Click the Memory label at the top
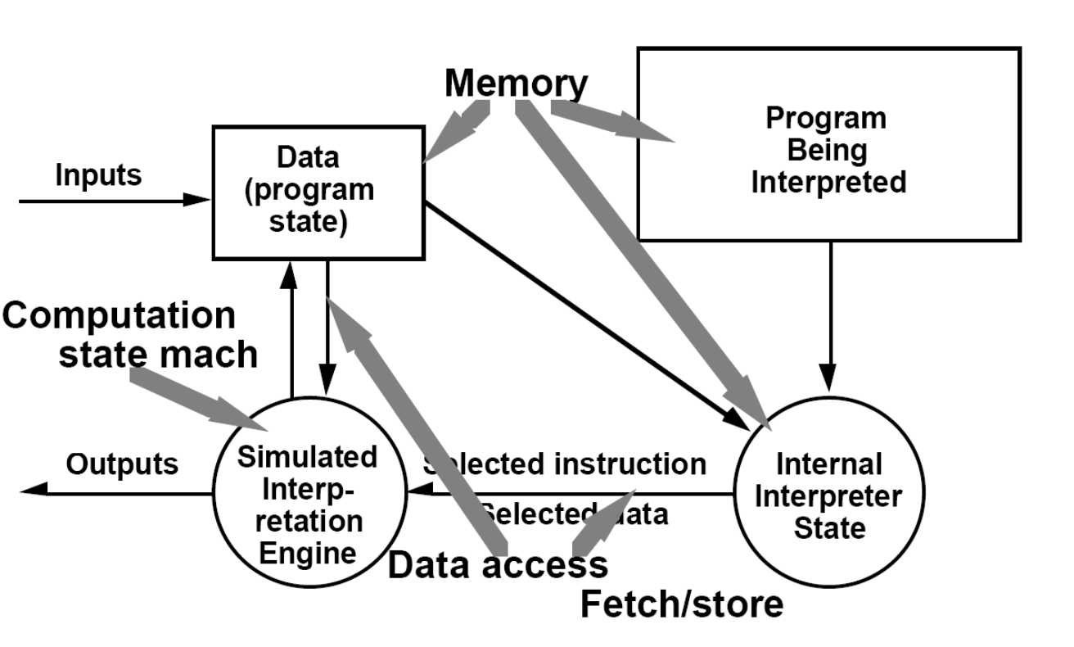point(516,84)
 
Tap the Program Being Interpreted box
point(828,144)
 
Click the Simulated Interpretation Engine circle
point(308,493)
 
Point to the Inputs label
point(98,175)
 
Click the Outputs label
point(122,464)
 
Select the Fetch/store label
point(681,604)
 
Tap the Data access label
point(497,565)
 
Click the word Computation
point(120,316)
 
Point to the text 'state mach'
point(158,355)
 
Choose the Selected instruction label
point(564,464)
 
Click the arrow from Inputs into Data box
point(115,200)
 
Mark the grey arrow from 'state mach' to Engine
point(196,397)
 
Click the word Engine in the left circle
point(308,553)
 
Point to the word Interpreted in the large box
point(828,182)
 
